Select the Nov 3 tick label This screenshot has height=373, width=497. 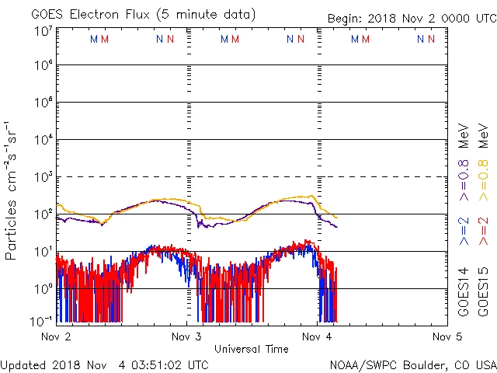coord(186,337)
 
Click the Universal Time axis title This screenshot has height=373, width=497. coord(251,349)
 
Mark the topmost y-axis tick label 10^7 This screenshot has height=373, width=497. coord(43,31)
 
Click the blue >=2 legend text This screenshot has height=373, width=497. coord(464,232)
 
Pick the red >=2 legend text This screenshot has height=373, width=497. coord(483,232)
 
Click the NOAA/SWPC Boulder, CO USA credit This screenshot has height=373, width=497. coord(412,364)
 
